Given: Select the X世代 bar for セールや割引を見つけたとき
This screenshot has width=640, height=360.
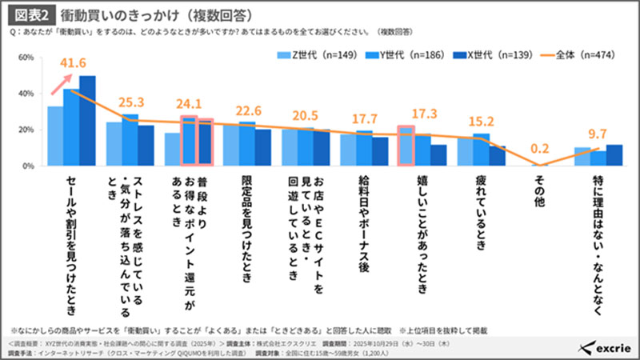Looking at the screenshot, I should (x=87, y=120).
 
